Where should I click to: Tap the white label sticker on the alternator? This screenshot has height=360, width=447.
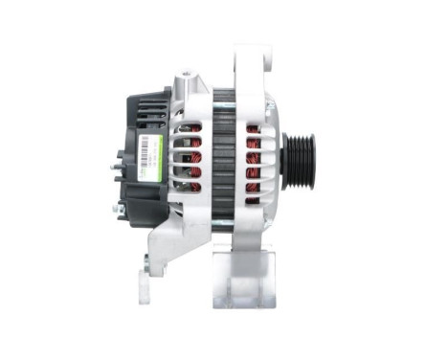[149, 157]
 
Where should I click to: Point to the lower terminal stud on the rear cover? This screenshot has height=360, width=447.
[116, 208]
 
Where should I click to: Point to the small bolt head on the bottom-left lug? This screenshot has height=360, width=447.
[145, 260]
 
